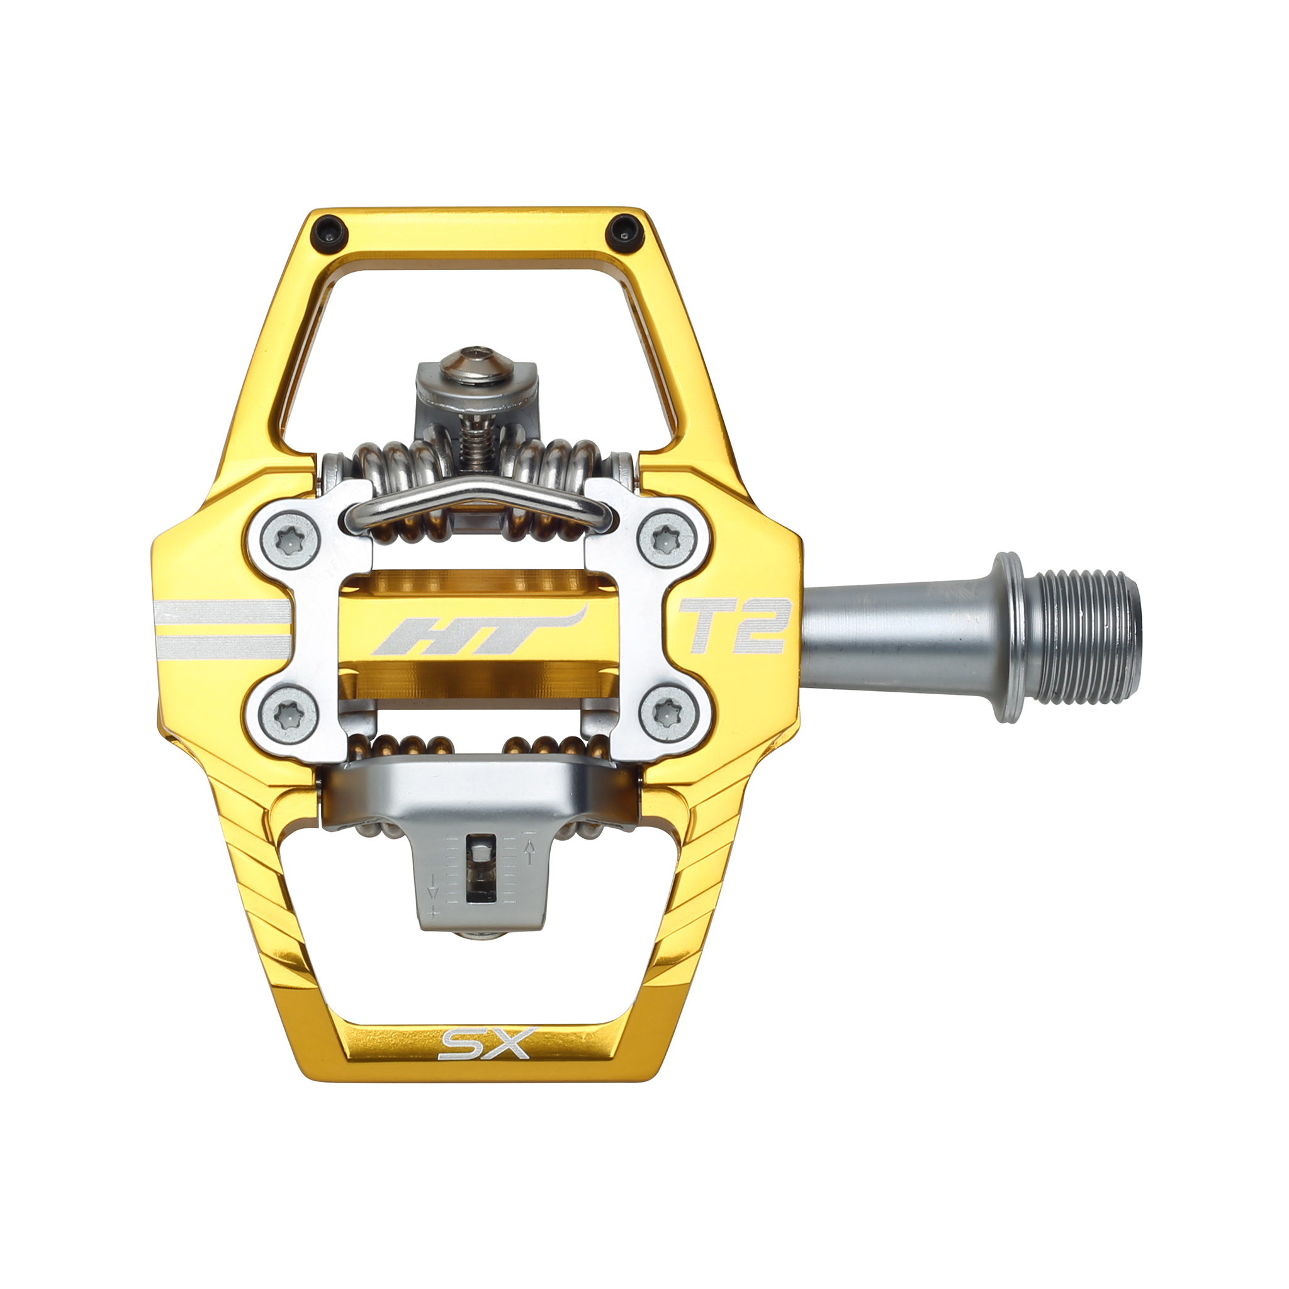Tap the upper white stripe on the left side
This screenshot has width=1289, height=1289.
(221, 611)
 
